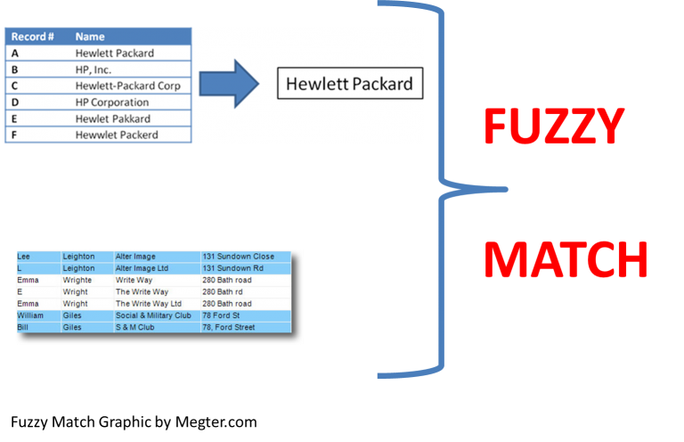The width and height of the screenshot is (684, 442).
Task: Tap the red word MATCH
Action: pos(566,261)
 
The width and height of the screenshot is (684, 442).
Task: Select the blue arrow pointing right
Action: pos(228,85)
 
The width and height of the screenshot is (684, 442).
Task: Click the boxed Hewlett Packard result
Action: pos(349,85)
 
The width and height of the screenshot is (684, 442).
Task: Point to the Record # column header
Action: pos(33,37)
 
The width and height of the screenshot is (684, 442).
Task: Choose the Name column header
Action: pos(90,37)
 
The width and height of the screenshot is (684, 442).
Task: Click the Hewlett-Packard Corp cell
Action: pos(127,86)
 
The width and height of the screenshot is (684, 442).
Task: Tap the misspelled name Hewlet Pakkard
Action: pos(112,119)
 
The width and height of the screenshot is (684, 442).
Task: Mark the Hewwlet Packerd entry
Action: pos(117,135)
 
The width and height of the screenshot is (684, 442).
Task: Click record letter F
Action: pos(14,135)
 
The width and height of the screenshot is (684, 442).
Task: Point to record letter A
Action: pos(14,53)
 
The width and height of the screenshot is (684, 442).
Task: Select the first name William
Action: pos(30,315)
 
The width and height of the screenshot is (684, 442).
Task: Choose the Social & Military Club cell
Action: pos(153,315)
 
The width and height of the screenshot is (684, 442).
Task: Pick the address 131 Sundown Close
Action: pos(238,257)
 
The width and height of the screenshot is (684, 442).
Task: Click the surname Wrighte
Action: pos(77,280)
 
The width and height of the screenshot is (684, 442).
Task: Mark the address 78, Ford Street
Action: pos(228,327)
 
